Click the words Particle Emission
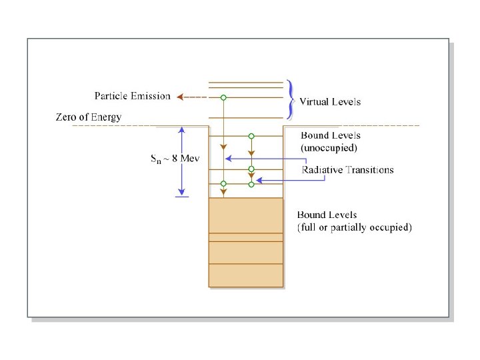[x=132, y=96]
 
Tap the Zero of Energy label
[x=88, y=117]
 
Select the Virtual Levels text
[x=329, y=102]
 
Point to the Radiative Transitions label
[x=347, y=169]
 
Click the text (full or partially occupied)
[x=354, y=227]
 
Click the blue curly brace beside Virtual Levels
[x=290, y=98]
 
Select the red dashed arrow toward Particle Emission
[x=191, y=97]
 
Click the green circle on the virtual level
[x=224, y=97]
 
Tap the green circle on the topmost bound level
[x=251, y=136]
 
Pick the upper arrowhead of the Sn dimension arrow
[x=181, y=130]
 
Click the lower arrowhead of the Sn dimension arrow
[x=181, y=191]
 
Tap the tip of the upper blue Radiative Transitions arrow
[x=228, y=159]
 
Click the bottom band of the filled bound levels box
[x=246, y=275]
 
